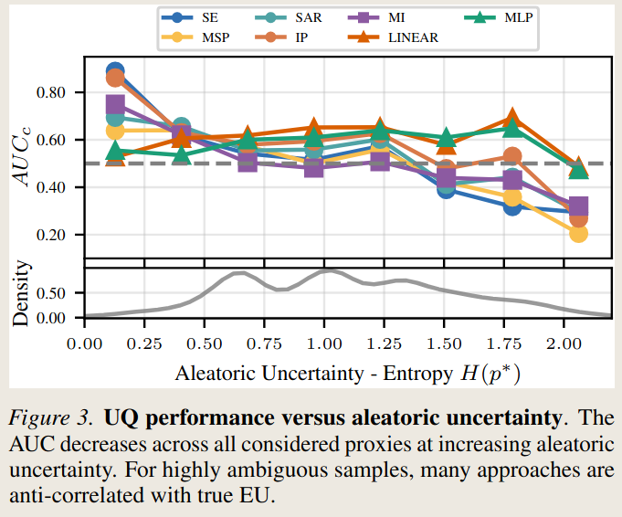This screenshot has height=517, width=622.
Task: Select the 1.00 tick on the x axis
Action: pos(323,344)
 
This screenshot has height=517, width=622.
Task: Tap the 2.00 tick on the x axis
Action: pos(564,344)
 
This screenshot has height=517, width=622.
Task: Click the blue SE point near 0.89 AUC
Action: pos(115,71)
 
